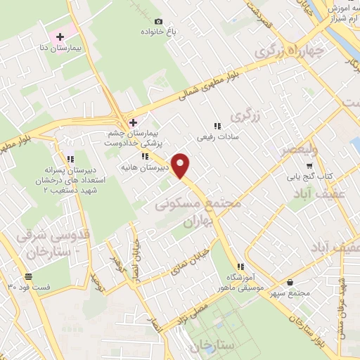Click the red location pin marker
[x=181, y=165]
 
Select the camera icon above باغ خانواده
[x=158, y=22]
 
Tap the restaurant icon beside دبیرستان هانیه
[x=144, y=157]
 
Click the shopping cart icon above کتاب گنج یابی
[x=308, y=165]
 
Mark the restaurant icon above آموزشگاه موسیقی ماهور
[x=240, y=266]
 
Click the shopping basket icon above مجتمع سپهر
[x=290, y=282]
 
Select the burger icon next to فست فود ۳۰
[x=29, y=276]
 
